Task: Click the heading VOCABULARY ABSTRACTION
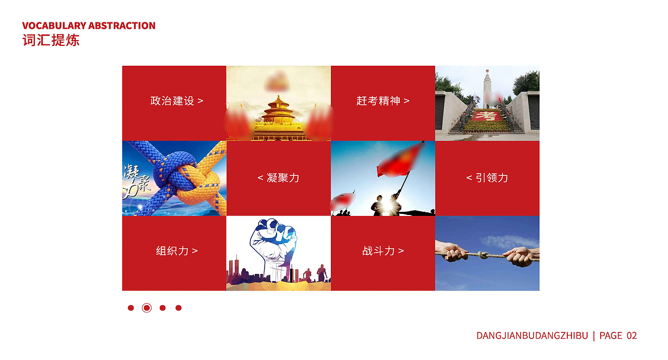point(89,26)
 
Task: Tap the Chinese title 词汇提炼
point(51,40)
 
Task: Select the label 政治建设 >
point(176,101)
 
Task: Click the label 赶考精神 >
point(383,101)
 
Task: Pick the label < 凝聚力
point(278,178)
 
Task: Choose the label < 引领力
point(487,178)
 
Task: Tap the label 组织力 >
point(176,250)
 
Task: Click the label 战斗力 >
point(383,250)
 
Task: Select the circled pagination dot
point(147,308)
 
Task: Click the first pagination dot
point(131,308)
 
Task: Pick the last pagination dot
point(178,308)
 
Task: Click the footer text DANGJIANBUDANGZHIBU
point(532,335)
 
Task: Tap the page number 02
point(631,335)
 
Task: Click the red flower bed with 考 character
point(487,116)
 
